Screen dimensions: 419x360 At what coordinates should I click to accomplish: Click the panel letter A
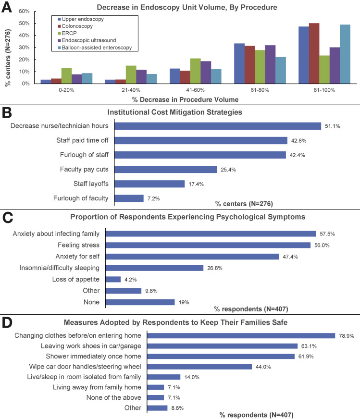[x=9, y=8]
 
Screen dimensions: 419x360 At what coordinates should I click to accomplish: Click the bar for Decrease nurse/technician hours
[x=213, y=126]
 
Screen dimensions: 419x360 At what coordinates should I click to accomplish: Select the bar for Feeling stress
[x=208, y=245]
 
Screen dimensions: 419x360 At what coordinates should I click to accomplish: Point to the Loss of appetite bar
[x=113, y=279]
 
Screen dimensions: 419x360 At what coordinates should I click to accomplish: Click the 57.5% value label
[x=326, y=234]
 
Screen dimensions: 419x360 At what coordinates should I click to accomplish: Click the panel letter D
[x=9, y=322]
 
